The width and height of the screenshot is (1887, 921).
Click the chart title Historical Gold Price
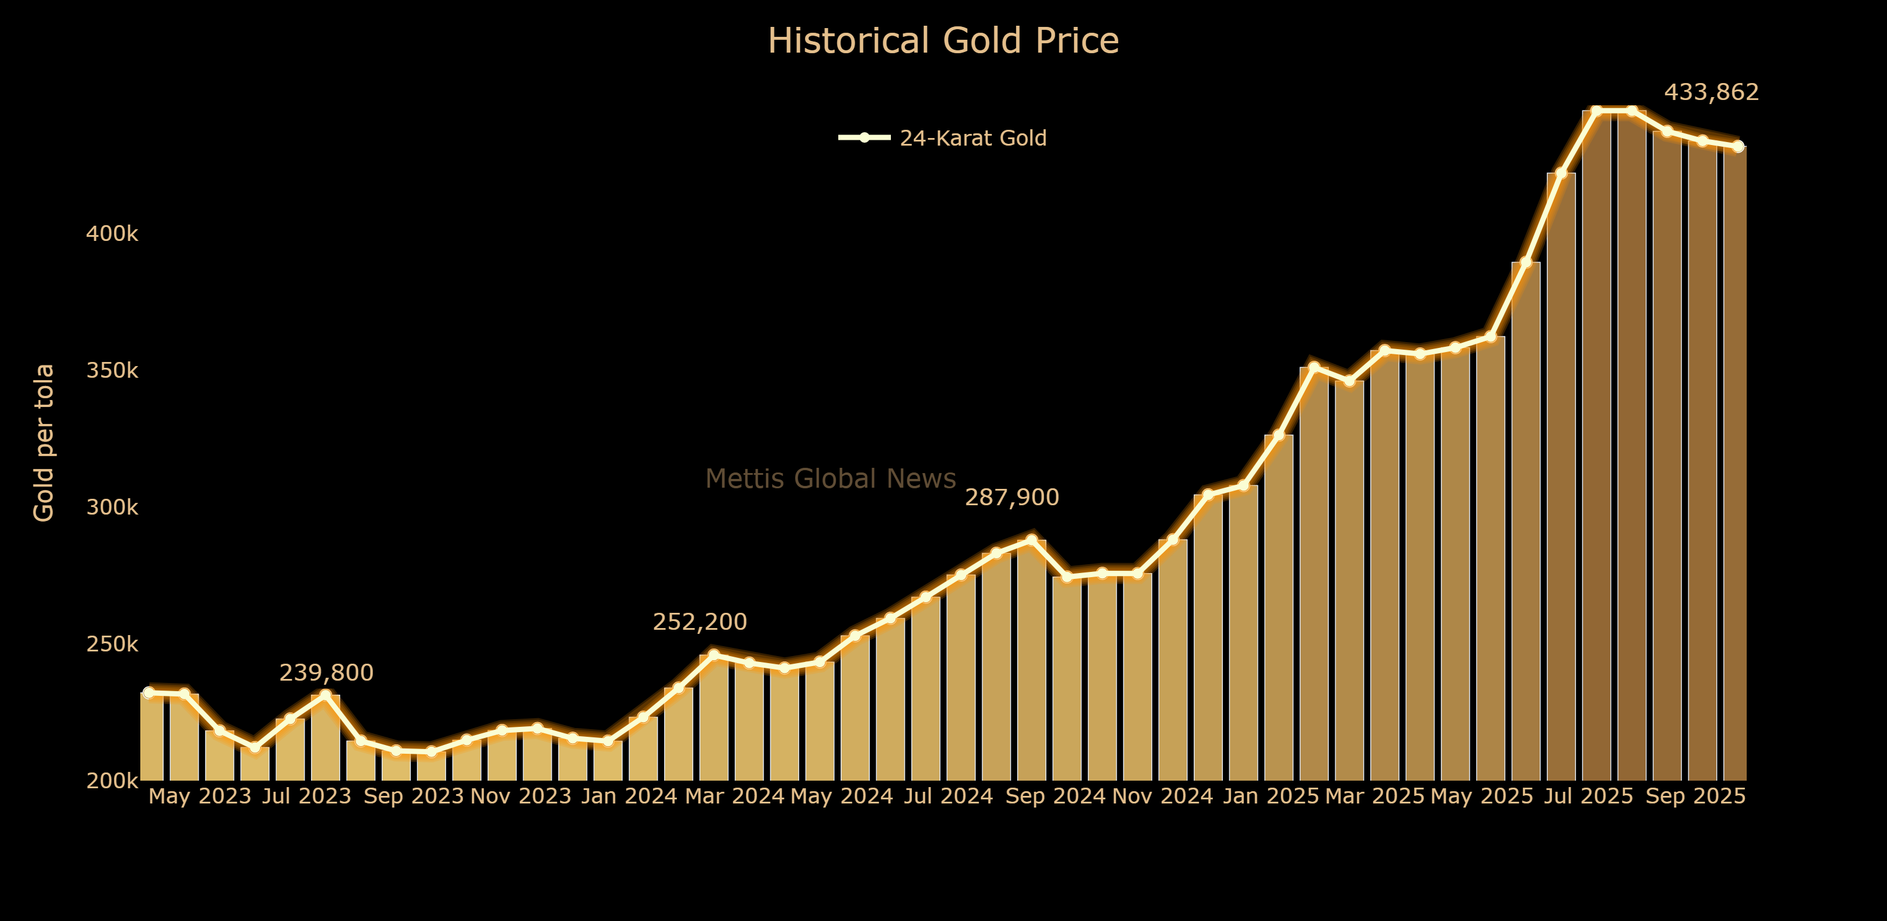click(943, 41)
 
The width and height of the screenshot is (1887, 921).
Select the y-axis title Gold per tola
click(44, 443)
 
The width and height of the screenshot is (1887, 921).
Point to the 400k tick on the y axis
click(112, 234)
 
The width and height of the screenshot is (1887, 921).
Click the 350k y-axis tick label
click(112, 371)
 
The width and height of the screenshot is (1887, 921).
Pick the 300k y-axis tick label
click(112, 507)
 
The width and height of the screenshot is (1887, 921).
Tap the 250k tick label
click(112, 644)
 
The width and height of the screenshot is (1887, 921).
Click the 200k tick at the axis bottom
click(112, 781)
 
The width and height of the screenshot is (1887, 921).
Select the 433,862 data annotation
click(1711, 92)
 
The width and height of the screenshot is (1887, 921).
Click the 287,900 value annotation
click(1012, 498)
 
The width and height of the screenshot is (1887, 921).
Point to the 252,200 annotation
click(700, 622)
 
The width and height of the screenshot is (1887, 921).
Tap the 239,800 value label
click(326, 672)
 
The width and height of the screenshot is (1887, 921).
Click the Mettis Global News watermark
click(831, 478)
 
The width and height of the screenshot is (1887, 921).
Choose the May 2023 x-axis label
click(200, 796)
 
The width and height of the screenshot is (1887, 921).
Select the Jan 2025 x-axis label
click(1271, 796)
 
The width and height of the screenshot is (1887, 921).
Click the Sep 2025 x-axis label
click(1695, 796)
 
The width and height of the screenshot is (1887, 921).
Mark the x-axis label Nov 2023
click(521, 796)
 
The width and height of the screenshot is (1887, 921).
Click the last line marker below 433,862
click(1737, 147)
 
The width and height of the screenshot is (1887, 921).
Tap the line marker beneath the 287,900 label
click(1031, 540)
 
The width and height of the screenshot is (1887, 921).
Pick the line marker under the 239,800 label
click(325, 695)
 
